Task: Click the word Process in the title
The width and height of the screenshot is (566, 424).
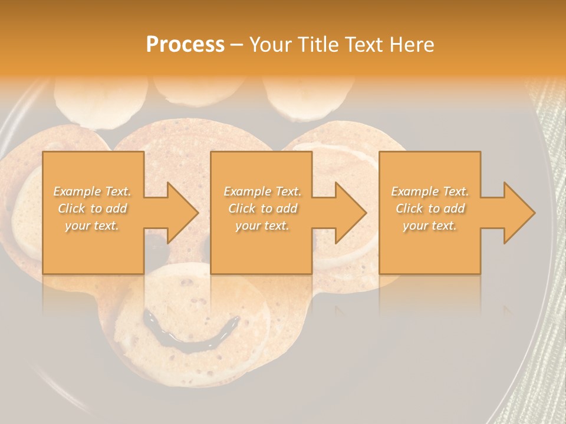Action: click(x=185, y=45)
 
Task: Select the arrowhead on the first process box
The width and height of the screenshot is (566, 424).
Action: click(x=176, y=213)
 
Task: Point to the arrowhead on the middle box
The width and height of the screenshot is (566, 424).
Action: click(x=344, y=213)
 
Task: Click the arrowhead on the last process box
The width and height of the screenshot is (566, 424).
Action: click(x=513, y=213)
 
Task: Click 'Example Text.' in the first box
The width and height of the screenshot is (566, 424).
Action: click(x=92, y=191)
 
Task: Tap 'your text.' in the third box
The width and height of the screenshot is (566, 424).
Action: click(x=430, y=226)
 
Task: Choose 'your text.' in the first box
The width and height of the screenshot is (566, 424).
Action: click(x=92, y=226)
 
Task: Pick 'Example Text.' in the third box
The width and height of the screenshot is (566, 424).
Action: click(x=430, y=191)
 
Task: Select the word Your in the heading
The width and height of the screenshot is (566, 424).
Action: click(x=271, y=45)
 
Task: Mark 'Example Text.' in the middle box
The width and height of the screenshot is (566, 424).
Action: click(x=262, y=191)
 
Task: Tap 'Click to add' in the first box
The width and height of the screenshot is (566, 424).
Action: click(x=92, y=208)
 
